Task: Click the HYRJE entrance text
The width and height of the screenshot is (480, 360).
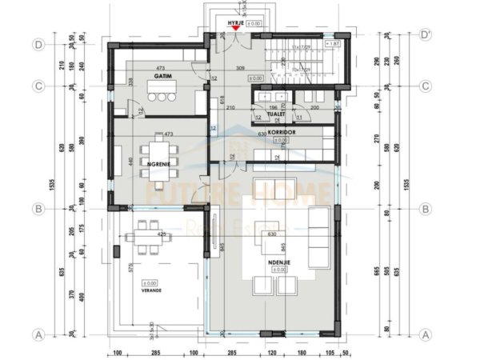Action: tap(236, 24)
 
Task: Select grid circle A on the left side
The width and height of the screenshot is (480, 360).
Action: tap(38, 334)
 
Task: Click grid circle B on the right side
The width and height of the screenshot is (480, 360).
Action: tap(426, 209)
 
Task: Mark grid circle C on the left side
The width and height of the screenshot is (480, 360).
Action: tap(38, 86)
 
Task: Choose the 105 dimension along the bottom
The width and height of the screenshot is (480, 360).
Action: tap(328, 352)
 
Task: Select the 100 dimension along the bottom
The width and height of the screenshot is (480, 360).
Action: tap(116, 352)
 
